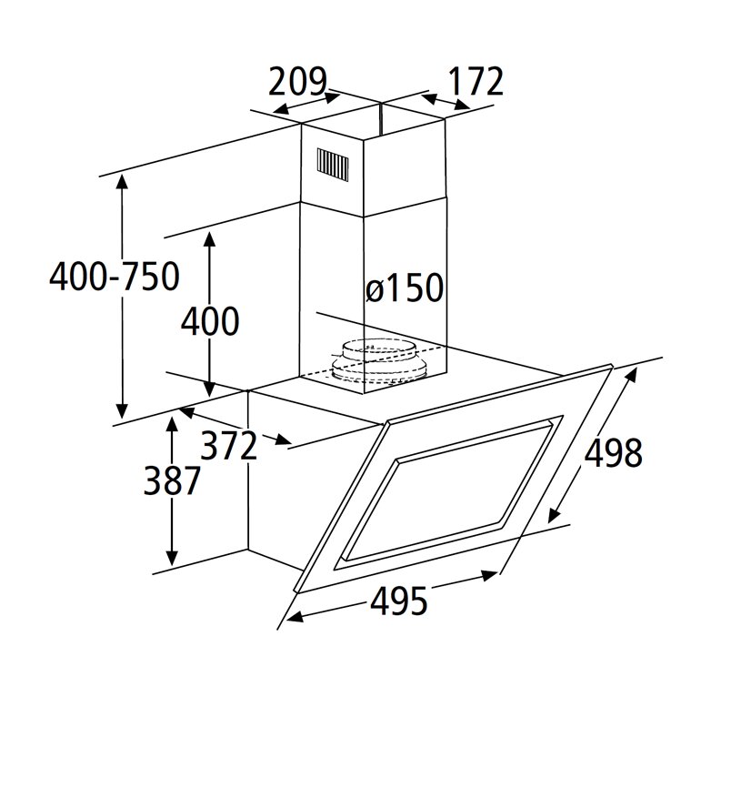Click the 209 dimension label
pyautogui.click(x=297, y=81)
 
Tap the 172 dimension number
pyautogui.click(x=476, y=81)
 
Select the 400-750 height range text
pyautogui.click(x=115, y=277)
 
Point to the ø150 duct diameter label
pyautogui.click(x=405, y=288)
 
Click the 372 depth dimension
pyautogui.click(x=229, y=445)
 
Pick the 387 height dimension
pyautogui.click(x=172, y=480)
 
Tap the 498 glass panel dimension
pyautogui.click(x=614, y=452)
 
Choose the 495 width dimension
pyautogui.click(x=399, y=601)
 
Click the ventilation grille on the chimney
pyautogui.click(x=333, y=166)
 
